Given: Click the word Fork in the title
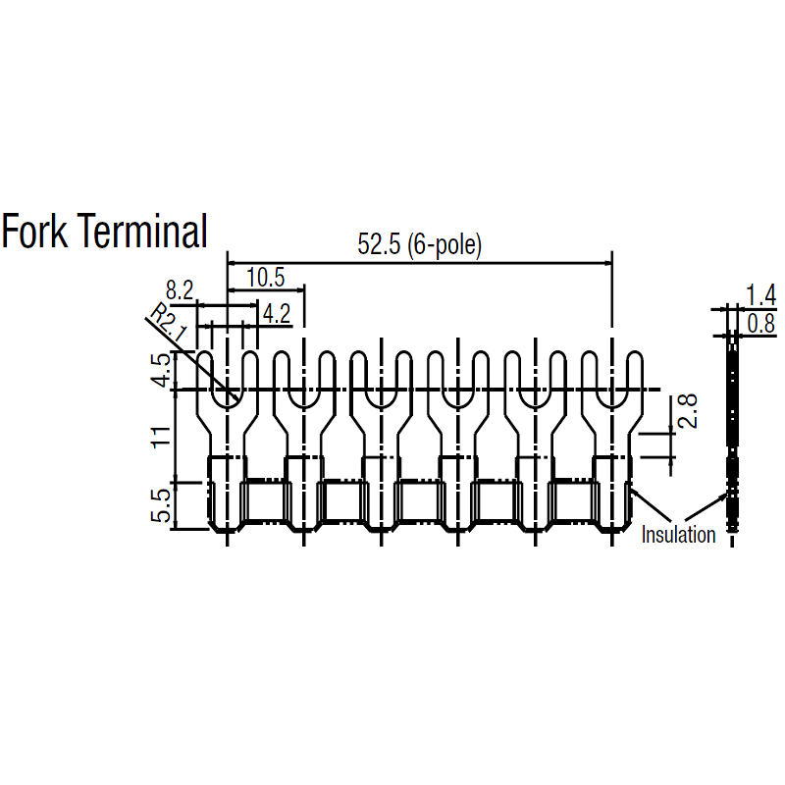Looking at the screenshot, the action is pyautogui.click(x=34, y=231).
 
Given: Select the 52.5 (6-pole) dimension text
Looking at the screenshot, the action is pyautogui.click(x=420, y=244).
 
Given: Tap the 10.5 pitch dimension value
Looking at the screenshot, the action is pyautogui.click(x=266, y=278).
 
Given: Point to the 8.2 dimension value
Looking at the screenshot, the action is pyautogui.click(x=180, y=290).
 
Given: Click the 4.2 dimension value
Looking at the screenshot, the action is pyautogui.click(x=277, y=314).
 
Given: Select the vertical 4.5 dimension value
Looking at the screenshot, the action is pyautogui.click(x=162, y=371).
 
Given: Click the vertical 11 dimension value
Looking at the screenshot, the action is pyautogui.click(x=161, y=437).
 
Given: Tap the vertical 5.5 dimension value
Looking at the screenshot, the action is pyautogui.click(x=161, y=506).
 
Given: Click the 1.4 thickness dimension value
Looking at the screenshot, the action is pyautogui.click(x=761, y=295).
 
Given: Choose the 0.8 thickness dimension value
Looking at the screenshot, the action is pyautogui.click(x=761, y=324).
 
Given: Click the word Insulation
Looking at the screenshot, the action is pyautogui.click(x=678, y=535).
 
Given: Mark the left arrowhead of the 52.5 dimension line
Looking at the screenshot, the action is pyautogui.click(x=232, y=263).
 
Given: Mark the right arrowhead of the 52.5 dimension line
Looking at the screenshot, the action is pyautogui.click(x=608, y=263).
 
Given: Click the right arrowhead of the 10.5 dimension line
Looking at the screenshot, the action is pyautogui.click(x=301, y=289).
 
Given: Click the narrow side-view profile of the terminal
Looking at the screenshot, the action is pyautogui.click(x=732, y=431).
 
